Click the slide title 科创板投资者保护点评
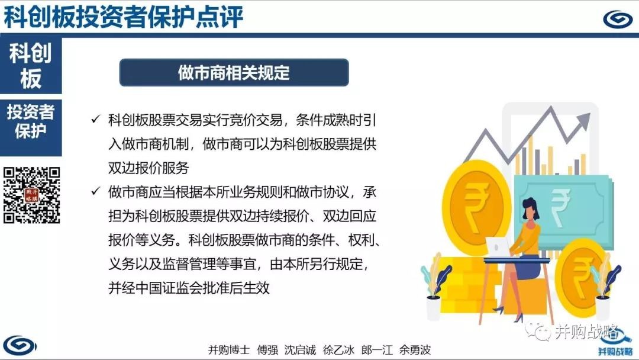pos(123,17)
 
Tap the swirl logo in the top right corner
pos(617,19)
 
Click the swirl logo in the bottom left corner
pos(20,345)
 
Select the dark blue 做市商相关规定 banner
pos(234,73)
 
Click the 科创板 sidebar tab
pos(31,66)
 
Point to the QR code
pos(32,195)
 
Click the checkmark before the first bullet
pos(96,119)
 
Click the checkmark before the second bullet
pos(96,191)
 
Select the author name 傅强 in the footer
pos(267,349)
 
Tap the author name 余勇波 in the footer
pos(415,349)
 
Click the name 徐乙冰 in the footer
pos(338,349)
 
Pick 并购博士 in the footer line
pos(228,349)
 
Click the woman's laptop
pos(498,247)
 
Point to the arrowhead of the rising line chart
pos(583,121)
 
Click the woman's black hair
pos(530,207)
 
